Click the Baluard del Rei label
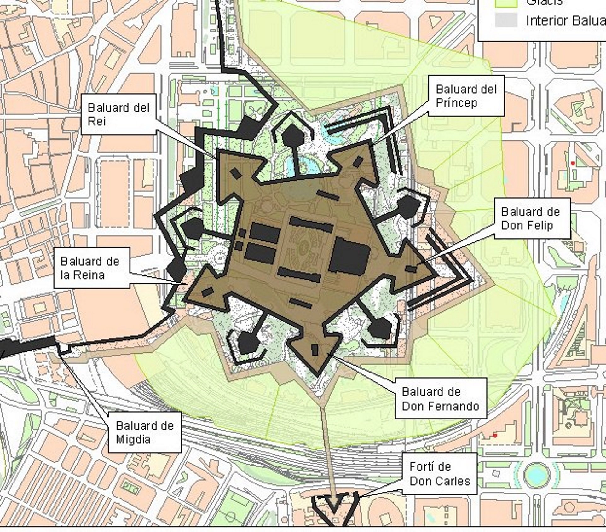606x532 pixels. click(x=118, y=114)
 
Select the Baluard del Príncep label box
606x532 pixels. click(x=466, y=96)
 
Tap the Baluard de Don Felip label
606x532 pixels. click(x=532, y=218)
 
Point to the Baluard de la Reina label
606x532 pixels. click(x=91, y=268)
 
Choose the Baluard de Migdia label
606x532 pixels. click(x=145, y=432)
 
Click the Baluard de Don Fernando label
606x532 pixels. click(x=441, y=399)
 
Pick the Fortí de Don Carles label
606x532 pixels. click(x=440, y=474)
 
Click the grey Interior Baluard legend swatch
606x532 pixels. click(x=506, y=20)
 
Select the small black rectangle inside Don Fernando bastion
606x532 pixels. click(x=315, y=350)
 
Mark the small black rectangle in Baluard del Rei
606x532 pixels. click(x=236, y=173)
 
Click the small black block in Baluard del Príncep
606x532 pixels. click(x=358, y=161)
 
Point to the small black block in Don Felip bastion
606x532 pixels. click(x=411, y=269)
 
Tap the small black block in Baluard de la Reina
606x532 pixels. click(x=207, y=292)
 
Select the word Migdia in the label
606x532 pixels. click(x=133, y=439)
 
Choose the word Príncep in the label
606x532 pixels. click(x=456, y=103)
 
